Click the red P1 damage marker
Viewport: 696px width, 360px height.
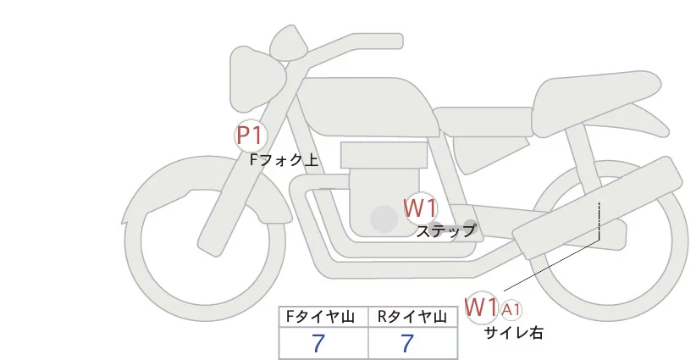point(251,135)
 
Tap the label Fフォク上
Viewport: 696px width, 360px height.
point(284,158)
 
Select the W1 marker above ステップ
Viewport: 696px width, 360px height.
point(420,208)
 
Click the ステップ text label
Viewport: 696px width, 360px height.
point(445,230)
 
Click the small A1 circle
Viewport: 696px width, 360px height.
point(512,309)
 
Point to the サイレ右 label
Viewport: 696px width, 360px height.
point(513,333)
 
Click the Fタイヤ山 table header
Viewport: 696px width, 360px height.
point(323,318)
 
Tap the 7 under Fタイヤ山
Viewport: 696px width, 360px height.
point(319,344)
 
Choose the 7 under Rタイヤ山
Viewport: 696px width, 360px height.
point(408,344)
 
